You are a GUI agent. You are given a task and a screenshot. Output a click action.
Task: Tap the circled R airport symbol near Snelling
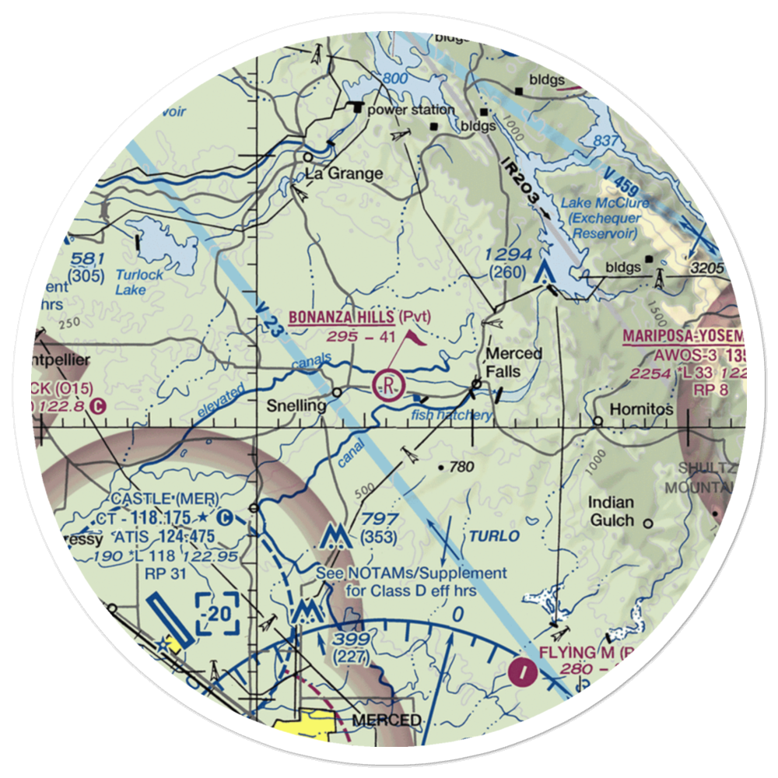pos(387,384)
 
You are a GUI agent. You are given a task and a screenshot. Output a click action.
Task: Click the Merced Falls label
pos(513,363)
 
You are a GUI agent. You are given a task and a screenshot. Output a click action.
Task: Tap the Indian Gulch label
pos(611,511)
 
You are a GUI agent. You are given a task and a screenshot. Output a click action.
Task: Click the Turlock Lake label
pos(141,282)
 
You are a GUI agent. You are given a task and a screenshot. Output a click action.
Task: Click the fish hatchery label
pos(452,415)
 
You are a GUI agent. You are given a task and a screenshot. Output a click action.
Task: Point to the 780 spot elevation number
pos(461,468)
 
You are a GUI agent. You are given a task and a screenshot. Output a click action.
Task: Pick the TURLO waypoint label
pos(493,537)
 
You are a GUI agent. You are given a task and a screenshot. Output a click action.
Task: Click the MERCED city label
pos(387,720)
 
